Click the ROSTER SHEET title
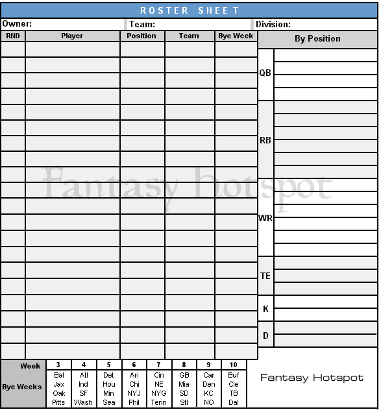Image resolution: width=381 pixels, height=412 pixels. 190,10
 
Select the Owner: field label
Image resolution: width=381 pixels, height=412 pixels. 17,24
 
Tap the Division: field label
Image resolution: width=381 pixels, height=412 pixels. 273,24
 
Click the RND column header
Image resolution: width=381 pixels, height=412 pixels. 13,36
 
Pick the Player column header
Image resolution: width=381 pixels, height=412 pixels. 72,36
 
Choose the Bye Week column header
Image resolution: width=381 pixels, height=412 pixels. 236,36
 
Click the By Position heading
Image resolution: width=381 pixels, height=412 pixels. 317,39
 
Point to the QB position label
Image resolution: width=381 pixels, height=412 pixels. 265,73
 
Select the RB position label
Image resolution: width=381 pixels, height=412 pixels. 265,139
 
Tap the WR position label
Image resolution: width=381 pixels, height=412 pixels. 265,218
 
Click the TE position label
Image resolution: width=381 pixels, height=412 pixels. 265,276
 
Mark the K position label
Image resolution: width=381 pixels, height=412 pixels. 265,309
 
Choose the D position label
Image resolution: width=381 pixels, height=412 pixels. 265,335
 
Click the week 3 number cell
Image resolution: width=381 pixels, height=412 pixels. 58,365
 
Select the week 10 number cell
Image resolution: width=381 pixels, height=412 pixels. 234,365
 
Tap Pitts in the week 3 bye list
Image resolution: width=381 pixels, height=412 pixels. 58,402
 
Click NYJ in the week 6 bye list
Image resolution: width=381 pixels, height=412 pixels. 134,393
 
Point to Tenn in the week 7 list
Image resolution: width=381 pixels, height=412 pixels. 159,402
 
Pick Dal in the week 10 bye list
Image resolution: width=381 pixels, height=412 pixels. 234,402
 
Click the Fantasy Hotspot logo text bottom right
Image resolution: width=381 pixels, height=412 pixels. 312,378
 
